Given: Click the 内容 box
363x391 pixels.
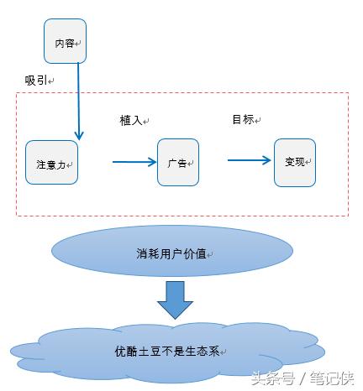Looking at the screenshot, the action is [65, 41].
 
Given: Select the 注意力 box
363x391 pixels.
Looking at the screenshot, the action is [51, 162].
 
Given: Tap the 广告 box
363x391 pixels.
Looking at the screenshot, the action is [178, 162].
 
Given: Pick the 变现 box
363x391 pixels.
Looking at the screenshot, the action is [295, 163].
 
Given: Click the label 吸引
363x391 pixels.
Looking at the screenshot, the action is [36, 81].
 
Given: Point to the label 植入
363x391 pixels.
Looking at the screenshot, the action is [131, 121].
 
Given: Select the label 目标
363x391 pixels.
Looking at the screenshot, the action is [243, 119].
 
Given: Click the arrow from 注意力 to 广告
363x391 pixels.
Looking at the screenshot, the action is [134, 162].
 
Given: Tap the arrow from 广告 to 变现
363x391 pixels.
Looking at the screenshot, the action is [250, 160].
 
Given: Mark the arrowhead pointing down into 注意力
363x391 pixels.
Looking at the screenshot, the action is [79, 136].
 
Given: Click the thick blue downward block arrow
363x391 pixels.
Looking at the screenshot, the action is [176, 300].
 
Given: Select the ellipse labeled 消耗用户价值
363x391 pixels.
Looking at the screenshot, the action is [172, 251].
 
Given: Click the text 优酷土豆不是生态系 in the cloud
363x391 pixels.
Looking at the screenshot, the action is [167, 351].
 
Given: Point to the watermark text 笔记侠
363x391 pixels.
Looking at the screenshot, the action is [332, 378].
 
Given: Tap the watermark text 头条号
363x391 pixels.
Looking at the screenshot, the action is [273, 378].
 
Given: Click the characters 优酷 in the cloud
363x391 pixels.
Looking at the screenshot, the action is [126, 351].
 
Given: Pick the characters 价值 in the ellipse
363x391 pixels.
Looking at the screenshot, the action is [196, 254].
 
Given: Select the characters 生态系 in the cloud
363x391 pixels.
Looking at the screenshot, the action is [203, 351].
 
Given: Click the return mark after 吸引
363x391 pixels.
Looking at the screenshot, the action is [50, 81].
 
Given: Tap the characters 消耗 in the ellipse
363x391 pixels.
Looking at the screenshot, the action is [148, 254].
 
